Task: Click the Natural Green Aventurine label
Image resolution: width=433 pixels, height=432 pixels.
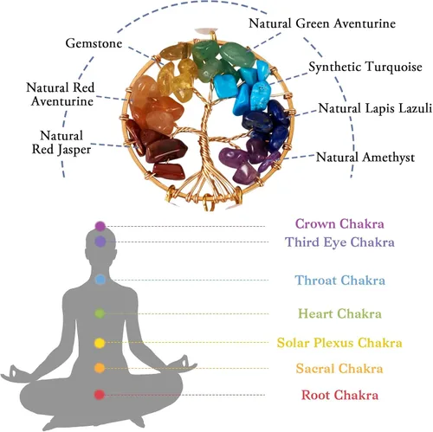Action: pos(322,23)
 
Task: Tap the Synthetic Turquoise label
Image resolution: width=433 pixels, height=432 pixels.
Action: pos(365,67)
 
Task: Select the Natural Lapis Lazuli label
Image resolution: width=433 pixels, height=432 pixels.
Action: pos(375,108)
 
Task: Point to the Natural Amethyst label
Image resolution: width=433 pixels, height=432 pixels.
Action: pos(365,158)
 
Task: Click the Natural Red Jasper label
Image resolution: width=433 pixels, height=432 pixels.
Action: pos(61,143)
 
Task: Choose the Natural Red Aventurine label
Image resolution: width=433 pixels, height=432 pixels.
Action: pos(61,94)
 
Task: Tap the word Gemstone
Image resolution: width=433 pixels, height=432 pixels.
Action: pos(94,43)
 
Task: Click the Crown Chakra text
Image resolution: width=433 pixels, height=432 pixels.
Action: pos(339,224)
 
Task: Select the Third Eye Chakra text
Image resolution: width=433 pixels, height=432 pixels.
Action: pos(339,242)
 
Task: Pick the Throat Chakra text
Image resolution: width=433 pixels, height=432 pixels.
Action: pos(339,280)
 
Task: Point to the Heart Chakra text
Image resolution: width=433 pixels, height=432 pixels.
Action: pos(339,313)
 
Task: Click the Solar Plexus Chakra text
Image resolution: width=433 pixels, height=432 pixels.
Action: pos(339,343)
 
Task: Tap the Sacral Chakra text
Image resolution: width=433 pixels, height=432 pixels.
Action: pos(339,369)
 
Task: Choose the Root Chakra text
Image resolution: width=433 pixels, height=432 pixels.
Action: pos(339,395)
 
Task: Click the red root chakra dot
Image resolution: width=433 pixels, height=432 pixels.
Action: pos(100,395)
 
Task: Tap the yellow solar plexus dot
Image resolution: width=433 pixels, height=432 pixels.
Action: pos(100,343)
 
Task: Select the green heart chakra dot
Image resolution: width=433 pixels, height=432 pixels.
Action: pos(100,313)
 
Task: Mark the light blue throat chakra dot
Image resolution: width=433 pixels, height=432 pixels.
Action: pos(100,280)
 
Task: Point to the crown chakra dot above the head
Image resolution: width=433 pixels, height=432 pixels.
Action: pos(100,226)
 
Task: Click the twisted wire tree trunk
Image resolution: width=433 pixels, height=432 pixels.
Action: pos(206,145)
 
